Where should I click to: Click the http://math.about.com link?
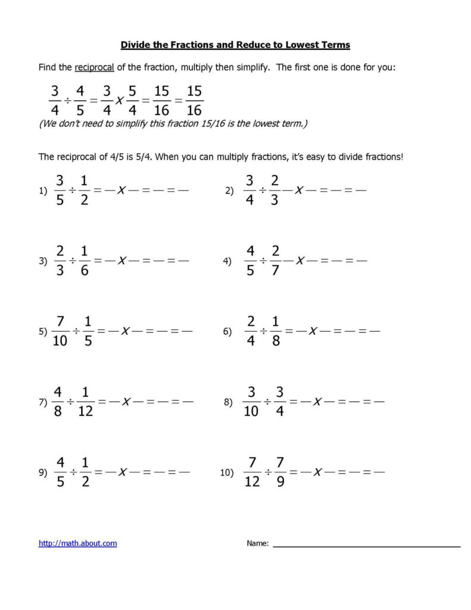point(77,543)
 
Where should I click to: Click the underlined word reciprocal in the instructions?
point(94,67)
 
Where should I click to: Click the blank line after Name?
point(366,546)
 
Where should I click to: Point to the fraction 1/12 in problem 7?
point(85,402)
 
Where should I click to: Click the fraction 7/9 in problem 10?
point(280,472)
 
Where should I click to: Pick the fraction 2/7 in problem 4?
point(275,260)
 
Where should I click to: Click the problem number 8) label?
point(228,403)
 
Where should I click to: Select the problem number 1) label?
point(42,191)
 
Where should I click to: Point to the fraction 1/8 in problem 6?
point(275,331)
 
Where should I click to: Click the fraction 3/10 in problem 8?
point(251,402)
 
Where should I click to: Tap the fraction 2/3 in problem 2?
point(275,190)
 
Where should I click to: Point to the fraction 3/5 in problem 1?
point(59,190)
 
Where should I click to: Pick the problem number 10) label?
point(226,473)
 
